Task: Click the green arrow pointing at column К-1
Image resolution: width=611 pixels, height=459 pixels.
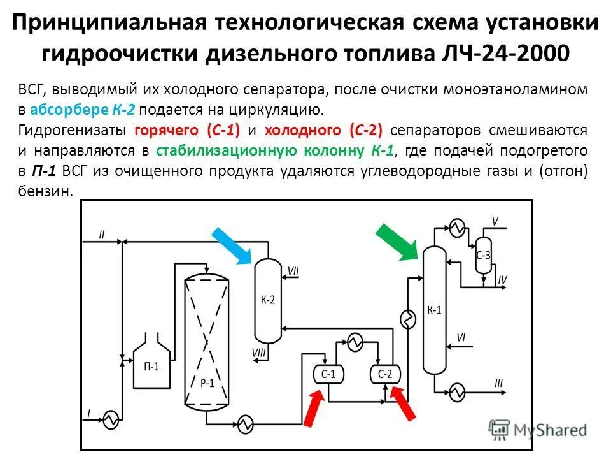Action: (397, 242)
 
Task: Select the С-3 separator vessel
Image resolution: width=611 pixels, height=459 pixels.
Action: (484, 255)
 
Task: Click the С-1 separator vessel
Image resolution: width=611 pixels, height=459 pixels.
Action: (328, 374)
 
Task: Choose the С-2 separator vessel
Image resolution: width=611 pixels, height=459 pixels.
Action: (385, 374)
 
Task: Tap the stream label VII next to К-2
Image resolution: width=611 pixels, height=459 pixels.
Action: (293, 271)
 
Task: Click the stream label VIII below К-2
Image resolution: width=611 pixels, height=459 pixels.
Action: (259, 353)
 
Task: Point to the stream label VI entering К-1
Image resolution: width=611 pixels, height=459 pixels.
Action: (461, 337)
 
